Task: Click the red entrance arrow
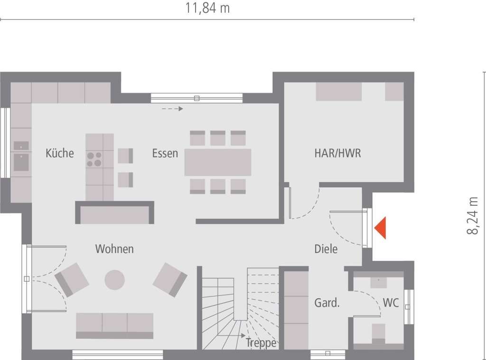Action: coord(381,228)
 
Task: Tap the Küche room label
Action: coord(60,153)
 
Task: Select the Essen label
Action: coord(165,153)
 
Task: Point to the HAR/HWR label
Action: coord(337,153)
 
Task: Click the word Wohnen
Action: coord(114,249)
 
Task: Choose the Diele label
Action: coord(326,249)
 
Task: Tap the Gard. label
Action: coord(327,303)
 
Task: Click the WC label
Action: coord(391,303)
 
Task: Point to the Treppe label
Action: coord(261,343)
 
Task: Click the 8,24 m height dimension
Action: coord(473,216)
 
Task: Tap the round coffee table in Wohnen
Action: coord(114,280)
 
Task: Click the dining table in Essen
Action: coord(218,162)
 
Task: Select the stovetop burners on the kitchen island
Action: coord(94,158)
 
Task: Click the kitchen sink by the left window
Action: coord(21,161)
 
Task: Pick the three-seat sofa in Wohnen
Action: coord(114,325)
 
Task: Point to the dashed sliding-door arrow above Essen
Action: coord(172,109)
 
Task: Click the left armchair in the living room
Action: coord(72,279)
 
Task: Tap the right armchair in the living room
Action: coord(170,279)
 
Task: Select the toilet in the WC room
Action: coord(378,332)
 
